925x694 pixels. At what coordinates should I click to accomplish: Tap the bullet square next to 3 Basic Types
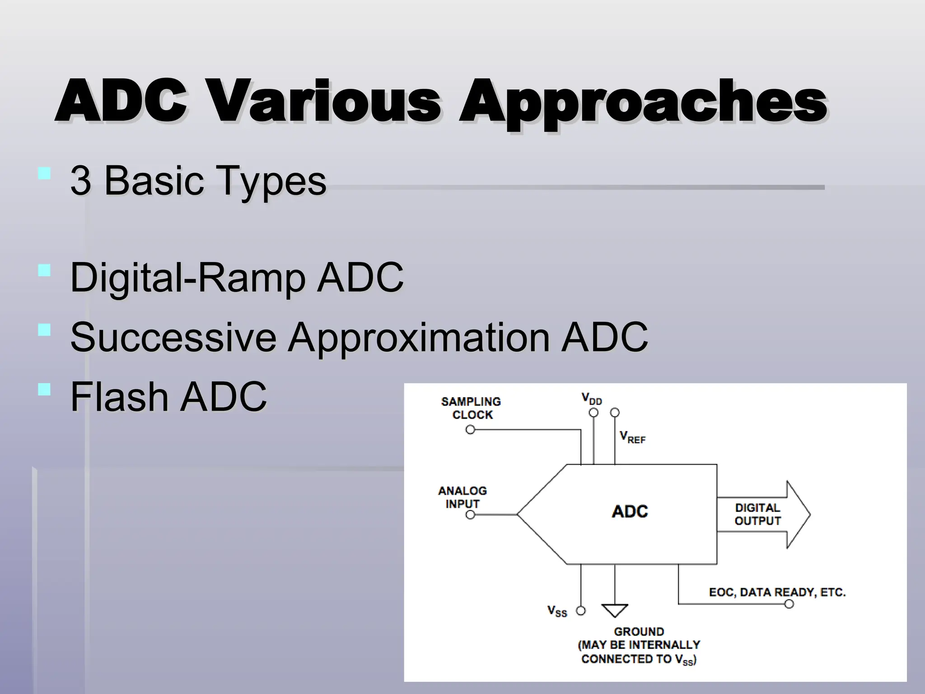click(44, 174)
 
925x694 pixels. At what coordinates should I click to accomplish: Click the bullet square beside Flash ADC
click(44, 389)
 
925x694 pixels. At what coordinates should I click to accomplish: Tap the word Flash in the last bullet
click(119, 397)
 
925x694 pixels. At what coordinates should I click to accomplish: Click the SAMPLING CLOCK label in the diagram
click(471, 408)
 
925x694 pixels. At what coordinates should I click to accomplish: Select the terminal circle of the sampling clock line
click(470, 430)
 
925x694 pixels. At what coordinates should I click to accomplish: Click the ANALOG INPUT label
click(462, 497)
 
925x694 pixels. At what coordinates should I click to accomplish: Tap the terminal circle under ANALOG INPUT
click(470, 515)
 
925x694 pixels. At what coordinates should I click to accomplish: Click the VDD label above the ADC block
click(591, 399)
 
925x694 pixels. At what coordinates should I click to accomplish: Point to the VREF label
click(632, 437)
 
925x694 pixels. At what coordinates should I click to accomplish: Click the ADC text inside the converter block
click(630, 511)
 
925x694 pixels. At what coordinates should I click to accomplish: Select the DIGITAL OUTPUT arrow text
click(757, 514)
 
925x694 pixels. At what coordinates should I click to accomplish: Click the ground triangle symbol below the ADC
click(615, 610)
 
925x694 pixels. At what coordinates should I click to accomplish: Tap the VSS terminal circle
click(581, 611)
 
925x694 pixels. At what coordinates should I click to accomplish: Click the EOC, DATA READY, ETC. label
click(777, 592)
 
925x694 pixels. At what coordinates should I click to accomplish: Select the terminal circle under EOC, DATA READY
click(789, 604)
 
